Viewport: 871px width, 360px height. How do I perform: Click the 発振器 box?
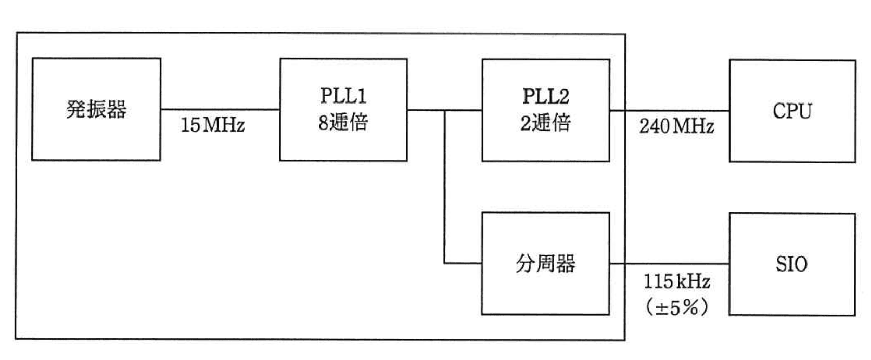96,109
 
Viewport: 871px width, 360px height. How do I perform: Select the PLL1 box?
343,110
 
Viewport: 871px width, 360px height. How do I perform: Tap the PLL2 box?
545,110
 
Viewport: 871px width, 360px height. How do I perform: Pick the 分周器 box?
545,263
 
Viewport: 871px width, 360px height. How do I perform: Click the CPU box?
792,111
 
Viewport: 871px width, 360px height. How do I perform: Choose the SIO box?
791,264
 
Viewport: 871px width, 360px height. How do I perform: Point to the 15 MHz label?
212,125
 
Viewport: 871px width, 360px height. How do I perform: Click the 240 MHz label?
676,126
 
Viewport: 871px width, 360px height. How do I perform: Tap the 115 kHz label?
676,281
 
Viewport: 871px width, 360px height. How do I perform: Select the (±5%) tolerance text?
676,307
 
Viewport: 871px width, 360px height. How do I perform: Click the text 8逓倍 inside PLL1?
343,123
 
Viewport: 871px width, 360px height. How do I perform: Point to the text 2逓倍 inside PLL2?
545,123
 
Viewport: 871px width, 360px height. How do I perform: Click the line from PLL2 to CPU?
669,111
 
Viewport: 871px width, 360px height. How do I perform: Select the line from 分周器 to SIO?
669,264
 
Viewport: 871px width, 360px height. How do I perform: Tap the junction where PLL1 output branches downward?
445,110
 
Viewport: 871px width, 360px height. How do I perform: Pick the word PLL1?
343,96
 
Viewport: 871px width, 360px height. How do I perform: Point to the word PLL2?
545,97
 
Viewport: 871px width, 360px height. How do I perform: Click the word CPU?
792,111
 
